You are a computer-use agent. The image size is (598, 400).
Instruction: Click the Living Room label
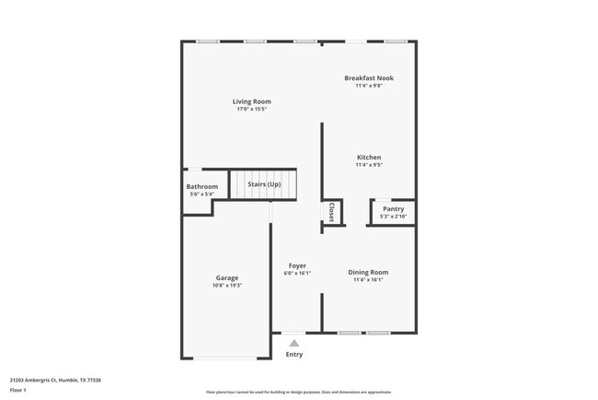[251, 101]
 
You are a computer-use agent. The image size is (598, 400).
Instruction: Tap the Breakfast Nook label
[368, 78]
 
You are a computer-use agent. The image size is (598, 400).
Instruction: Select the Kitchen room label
[368, 158]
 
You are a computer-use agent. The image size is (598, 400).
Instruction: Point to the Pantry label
[393, 209]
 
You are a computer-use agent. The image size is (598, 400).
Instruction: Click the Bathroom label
[202, 187]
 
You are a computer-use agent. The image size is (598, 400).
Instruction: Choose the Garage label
[227, 277]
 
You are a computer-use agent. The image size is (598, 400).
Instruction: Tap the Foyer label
[297, 265]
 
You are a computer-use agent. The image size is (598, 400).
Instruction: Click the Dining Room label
[368, 272]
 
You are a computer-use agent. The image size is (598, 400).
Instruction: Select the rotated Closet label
[331, 213]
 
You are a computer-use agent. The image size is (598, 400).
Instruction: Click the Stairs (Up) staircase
[264, 185]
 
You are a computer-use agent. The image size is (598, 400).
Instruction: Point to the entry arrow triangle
[294, 343]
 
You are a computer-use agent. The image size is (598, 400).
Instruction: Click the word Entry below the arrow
[294, 354]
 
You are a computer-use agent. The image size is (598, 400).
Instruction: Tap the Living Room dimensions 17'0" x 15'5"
[251, 110]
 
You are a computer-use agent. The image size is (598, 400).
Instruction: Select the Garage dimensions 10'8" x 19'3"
[227, 285]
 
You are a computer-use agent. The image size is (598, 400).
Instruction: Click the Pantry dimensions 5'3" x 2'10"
[393, 217]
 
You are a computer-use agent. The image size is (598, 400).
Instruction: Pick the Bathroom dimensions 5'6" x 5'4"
[202, 194]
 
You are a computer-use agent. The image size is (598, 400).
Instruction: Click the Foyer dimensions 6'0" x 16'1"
[297, 273]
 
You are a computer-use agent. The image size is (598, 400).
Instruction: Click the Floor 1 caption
[17, 390]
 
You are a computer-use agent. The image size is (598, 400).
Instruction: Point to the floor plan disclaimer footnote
[298, 391]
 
